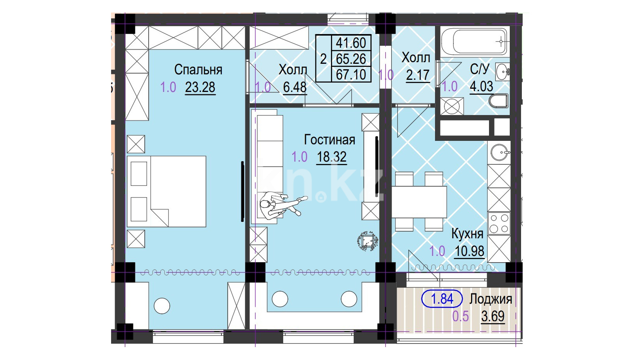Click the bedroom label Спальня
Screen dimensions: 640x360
pos(198,70)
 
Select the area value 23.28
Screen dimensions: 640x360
pos(200,87)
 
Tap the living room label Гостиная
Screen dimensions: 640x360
pos(329,140)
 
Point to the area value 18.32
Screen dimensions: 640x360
pos(332,157)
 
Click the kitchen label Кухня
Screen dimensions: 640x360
pos(467,234)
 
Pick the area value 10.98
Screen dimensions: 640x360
pos(469,251)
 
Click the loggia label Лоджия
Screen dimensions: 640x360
pos(491,299)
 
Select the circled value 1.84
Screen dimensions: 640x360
pos(442,299)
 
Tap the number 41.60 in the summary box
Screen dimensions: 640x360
pos(351,43)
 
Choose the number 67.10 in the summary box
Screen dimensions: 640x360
pos(351,75)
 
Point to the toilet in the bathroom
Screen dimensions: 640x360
pos(498,101)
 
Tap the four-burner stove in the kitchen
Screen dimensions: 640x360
pos(499,223)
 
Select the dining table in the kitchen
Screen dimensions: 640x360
pos(419,202)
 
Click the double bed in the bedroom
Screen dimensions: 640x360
pos(167,191)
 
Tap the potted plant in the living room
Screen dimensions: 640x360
pos(368,241)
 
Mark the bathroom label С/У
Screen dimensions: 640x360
pos(480,69)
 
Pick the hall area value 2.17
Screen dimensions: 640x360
pos(418,75)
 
